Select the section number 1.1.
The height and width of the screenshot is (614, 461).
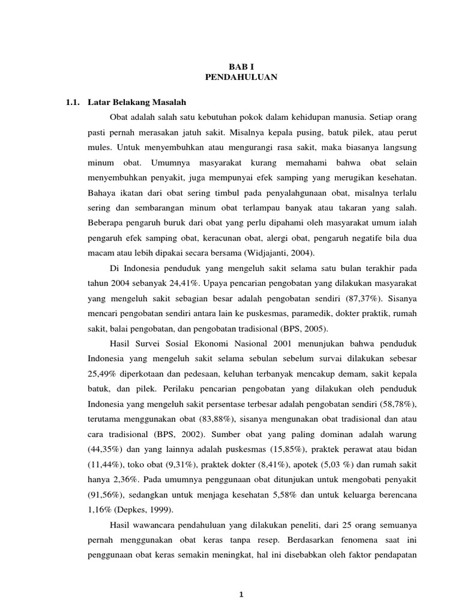pyautogui.click(x=73, y=102)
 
